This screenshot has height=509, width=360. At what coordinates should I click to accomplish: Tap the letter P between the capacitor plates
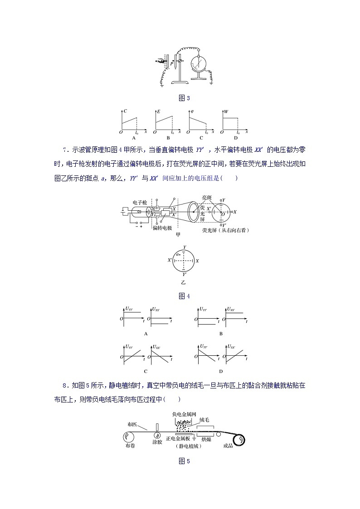pos(171,64)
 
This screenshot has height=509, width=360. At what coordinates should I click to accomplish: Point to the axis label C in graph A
pos(125,111)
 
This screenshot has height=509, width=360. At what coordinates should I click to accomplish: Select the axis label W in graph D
pos(225,111)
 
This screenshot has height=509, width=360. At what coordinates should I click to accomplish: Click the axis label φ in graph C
pos(192,111)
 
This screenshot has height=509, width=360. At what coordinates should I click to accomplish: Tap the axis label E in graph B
pos(158,111)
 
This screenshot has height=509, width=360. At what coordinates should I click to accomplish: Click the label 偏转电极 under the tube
pos(162,228)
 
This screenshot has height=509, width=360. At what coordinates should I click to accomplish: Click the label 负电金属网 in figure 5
pos(184,414)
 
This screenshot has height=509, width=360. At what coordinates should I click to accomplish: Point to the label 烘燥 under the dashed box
pos(206,439)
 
